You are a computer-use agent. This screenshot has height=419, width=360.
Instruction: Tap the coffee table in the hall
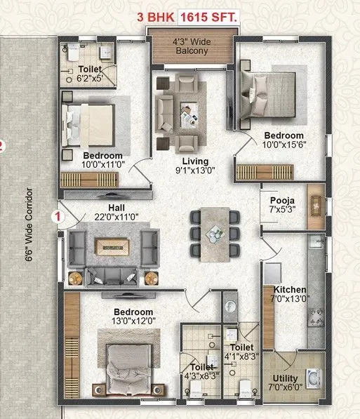tap(112, 246)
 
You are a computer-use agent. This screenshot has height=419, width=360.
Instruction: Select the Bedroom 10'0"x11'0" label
tap(102, 161)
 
